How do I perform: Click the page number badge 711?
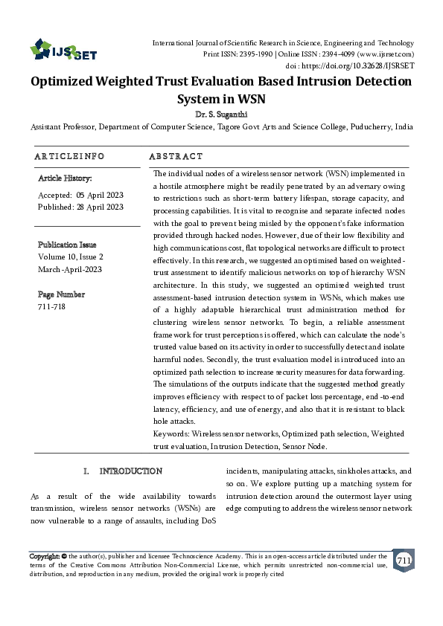tap(403, 560)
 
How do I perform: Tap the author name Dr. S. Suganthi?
tap(221, 115)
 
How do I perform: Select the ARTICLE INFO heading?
tap(69, 157)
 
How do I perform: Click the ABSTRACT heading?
tap(176, 157)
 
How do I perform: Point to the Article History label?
tap(65, 178)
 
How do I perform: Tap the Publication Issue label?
tap(67, 245)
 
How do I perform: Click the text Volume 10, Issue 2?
tap(71, 256)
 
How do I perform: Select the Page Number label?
tap(61, 294)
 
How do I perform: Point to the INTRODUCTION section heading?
tap(131, 471)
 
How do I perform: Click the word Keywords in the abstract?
tap(170, 432)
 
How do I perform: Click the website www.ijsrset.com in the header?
tap(386, 54)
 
